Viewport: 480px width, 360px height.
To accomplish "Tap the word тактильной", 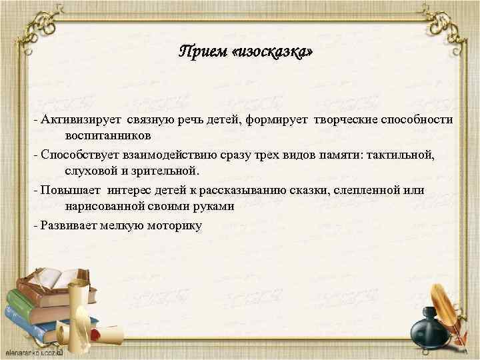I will (x=400, y=155).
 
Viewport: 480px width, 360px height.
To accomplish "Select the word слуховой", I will (x=89, y=171).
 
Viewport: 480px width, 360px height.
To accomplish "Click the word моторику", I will (x=170, y=225).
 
